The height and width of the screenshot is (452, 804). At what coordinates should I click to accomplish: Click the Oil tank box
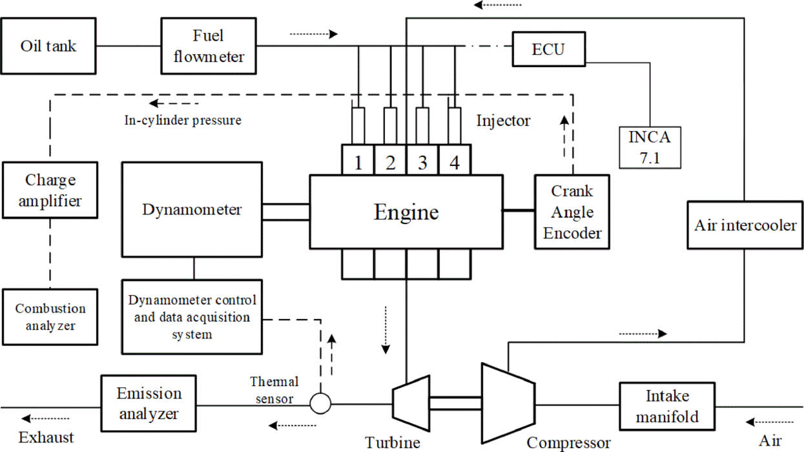[48, 46]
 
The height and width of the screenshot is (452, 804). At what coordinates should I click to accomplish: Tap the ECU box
[550, 48]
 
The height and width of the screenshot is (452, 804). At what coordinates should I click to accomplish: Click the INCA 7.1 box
[650, 148]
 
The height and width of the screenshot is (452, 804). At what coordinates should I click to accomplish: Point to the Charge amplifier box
[50, 190]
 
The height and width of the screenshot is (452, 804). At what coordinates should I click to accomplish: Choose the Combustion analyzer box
[50, 316]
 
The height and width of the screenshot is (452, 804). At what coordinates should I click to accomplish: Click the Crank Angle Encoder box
[572, 212]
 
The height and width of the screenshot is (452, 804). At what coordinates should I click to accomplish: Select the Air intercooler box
[745, 225]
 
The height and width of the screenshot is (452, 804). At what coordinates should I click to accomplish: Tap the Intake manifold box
[667, 406]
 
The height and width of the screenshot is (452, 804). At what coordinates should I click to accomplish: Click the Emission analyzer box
[149, 404]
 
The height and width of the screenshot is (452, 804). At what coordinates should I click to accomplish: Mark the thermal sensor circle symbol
[320, 404]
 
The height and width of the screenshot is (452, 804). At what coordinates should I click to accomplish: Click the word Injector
[503, 120]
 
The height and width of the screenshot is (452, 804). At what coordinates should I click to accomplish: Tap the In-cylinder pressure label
[183, 120]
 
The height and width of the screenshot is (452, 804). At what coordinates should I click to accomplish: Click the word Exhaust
[46, 437]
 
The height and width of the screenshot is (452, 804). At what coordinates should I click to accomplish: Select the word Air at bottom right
[770, 440]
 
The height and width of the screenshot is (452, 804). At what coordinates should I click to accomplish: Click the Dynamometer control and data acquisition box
[192, 316]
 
